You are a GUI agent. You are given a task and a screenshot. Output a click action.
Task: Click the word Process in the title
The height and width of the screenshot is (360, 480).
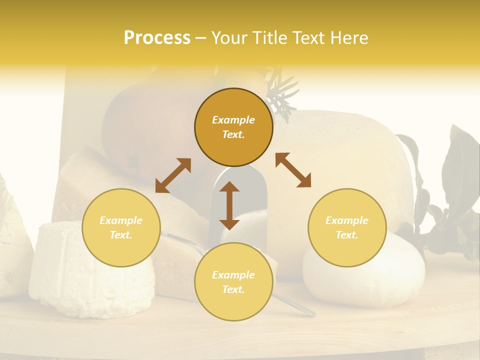[157, 38]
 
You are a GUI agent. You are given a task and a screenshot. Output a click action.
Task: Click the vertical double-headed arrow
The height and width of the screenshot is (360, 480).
[229, 205]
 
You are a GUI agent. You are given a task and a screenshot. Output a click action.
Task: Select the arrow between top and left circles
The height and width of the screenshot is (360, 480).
[173, 175]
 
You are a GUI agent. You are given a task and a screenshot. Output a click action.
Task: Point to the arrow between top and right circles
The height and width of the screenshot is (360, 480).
[293, 170]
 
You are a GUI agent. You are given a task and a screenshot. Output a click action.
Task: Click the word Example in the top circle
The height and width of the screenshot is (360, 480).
[233, 120]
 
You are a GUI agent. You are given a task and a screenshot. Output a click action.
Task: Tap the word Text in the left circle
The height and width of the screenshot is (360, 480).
[121, 235]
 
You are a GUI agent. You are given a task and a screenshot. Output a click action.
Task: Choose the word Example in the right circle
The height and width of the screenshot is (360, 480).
[347, 220]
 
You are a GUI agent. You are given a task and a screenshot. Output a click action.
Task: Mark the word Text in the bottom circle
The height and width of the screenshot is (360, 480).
[233, 289]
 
